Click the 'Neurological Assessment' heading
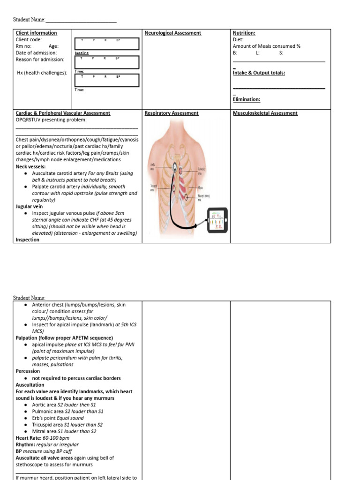173,33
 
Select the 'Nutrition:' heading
244,33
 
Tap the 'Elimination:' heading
247,99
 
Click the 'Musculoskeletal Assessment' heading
265,113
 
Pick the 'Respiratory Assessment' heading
172,113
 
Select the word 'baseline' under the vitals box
82,53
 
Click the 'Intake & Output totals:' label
259,73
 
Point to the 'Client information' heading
37,33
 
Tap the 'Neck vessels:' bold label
31,166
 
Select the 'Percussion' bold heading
28,371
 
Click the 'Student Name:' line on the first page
29,20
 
